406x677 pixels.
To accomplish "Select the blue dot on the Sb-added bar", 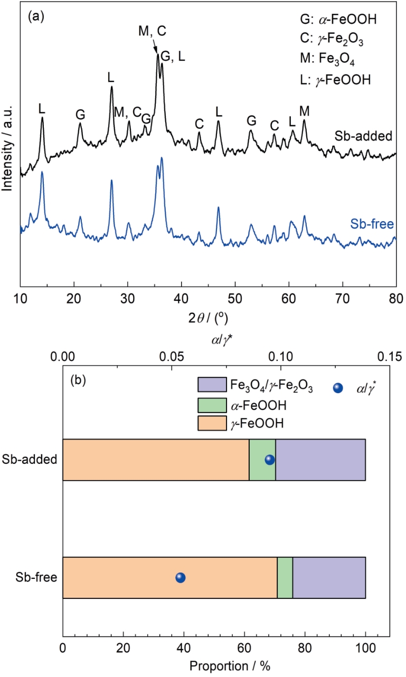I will (270, 460).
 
